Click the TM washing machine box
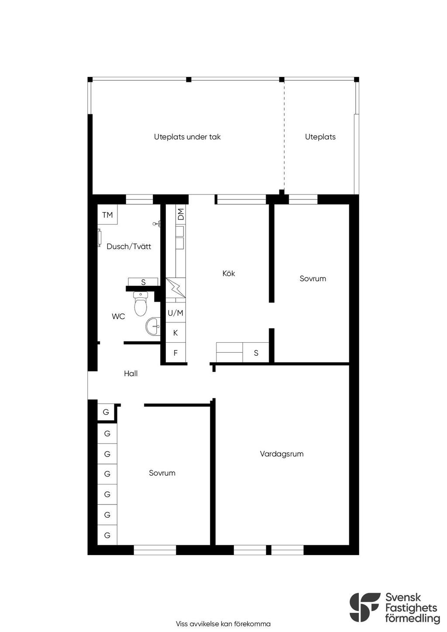[x=107, y=214]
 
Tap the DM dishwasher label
[x=181, y=214]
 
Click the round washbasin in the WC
[x=153, y=326]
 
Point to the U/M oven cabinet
[x=175, y=313]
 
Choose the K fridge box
[x=175, y=333]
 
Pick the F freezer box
[x=175, y=353]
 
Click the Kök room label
[x=229, y=273]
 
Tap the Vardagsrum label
[x=282, y=454]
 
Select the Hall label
[x=131, y=374]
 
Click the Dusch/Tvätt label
[x=129, y=246]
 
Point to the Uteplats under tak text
[x=187, y=137]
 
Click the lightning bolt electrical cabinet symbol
[x=175, y=288]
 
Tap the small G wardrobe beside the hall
[x=106, y=412]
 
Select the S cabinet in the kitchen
[x=256, y=353]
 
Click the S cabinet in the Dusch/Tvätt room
[x=143, y=282]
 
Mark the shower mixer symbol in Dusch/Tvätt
[x=157, y=224]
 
